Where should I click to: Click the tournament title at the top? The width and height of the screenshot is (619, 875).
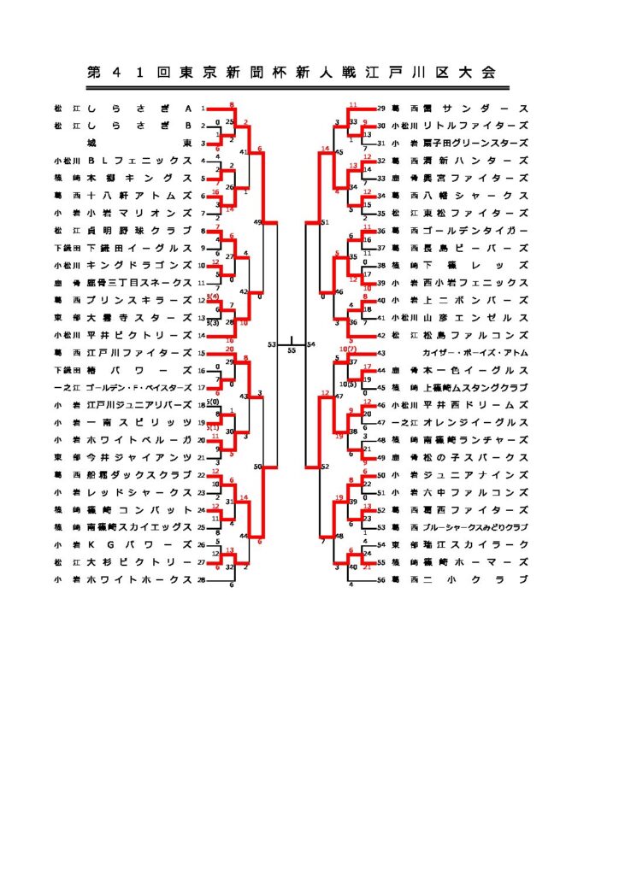(x=291, y=73)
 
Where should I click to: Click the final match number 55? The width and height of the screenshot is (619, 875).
(x=292, y=350)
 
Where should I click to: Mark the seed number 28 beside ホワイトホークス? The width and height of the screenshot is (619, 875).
(x=203, y=579)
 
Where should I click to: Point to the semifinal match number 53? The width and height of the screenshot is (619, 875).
(x=271, y=344)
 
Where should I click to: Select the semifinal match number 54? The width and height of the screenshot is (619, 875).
(x=310, y=344)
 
